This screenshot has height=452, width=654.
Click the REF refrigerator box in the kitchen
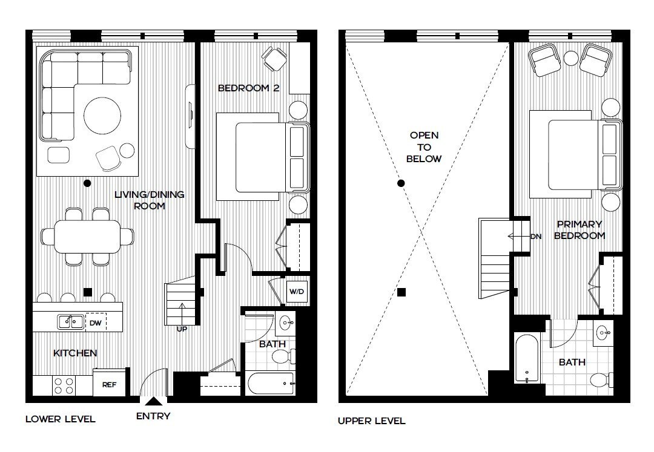[x=109, y=384]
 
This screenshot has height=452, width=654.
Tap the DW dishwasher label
[x=96, y=323]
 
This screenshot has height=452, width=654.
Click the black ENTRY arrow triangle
[x=154, y=401]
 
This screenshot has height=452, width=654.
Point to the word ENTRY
[x=153, y=416]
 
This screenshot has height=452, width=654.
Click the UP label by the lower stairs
[x=181, y=329]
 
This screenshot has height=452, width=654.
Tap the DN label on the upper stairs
[x=535, y=237]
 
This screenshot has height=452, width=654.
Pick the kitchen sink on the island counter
[x=71, y=323]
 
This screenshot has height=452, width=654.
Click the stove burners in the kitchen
[x=64, y=385]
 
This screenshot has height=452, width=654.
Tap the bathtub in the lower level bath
[x=271, y=384]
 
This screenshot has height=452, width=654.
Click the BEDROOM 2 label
[x=248, y=88]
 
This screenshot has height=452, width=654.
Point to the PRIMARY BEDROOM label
[x=580, y=230]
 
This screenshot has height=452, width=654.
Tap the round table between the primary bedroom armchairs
[x=572, y=58]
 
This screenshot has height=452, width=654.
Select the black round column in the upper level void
[x=400, y=183]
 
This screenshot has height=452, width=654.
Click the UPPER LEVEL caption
[x=371, y=421]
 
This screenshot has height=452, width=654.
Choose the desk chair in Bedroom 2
[x=274, y=59]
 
